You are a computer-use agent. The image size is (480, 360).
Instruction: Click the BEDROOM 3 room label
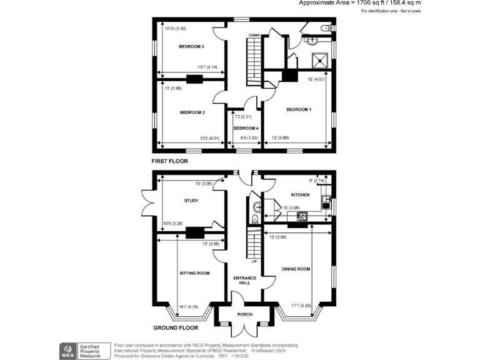point(191,47)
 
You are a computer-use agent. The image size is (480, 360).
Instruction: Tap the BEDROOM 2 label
point(192,112)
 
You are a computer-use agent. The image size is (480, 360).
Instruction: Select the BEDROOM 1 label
point(299,109)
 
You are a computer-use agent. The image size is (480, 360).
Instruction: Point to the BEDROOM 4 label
point(246,128)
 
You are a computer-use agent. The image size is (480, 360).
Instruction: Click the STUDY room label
point(191,201)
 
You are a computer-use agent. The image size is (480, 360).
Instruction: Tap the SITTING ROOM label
point(194,273)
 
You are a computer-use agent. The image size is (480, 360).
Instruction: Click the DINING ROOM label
point(296,269)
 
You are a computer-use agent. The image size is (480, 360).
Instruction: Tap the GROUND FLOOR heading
point(176,327)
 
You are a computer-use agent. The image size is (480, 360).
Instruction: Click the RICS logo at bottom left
point(66,351)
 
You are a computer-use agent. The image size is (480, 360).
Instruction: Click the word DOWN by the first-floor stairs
point(254,36)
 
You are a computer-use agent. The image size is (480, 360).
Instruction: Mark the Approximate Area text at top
point(359,3)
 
